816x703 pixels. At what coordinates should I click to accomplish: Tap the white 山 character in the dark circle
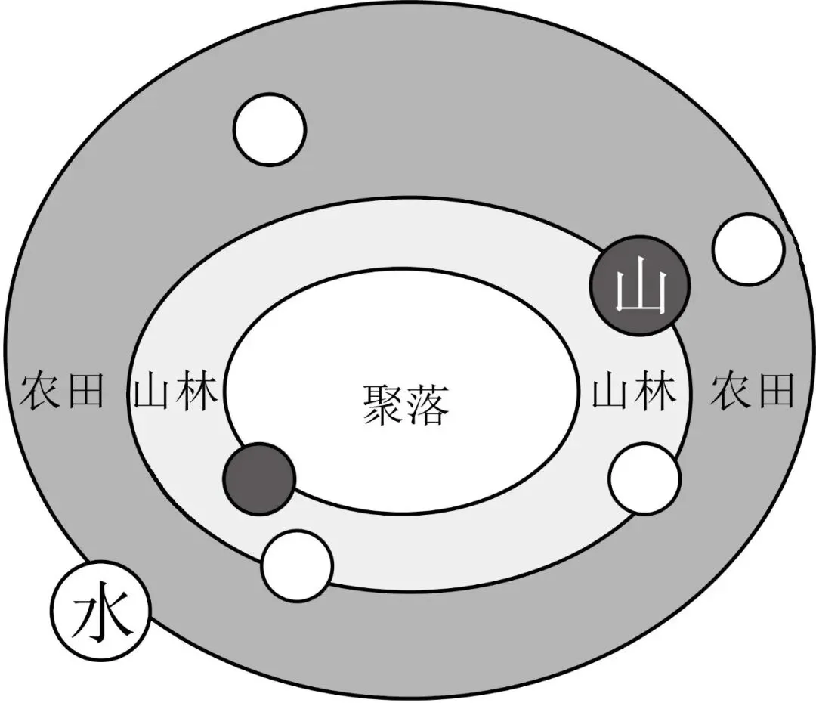641,290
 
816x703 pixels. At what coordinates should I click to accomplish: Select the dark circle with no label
259,479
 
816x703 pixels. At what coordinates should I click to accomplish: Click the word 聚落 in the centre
406,406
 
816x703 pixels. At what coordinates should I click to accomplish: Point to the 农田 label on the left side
62,390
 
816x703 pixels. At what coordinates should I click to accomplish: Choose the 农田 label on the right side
753,390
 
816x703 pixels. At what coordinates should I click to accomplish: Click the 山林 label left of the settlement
176,390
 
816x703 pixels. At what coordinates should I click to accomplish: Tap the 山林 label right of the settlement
635,390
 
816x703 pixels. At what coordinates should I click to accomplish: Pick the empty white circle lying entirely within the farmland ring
270,130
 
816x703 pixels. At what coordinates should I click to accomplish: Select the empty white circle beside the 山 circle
748,249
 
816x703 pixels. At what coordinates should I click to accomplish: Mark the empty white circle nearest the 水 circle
297,567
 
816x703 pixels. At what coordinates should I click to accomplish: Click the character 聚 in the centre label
384,406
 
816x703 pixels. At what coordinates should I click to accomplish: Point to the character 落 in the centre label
428,406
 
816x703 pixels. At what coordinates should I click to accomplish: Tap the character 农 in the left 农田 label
40,390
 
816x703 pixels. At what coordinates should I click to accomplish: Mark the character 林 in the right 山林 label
657,390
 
